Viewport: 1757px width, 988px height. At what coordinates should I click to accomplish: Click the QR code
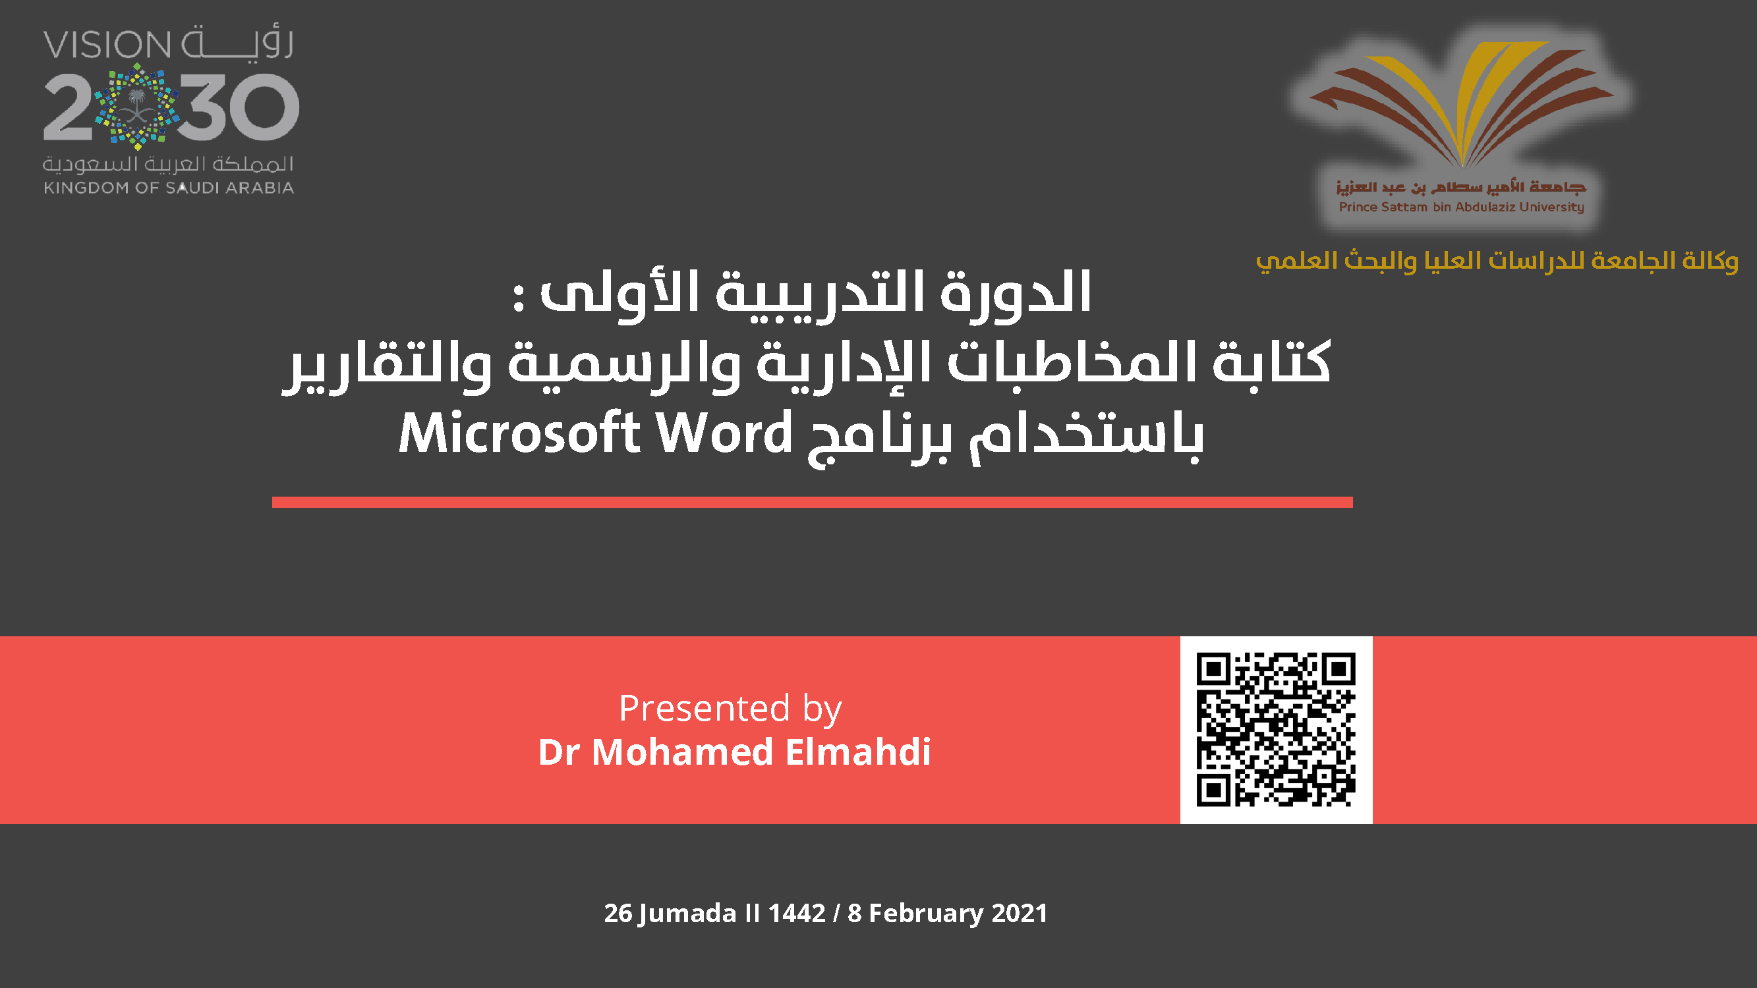point(1275,730)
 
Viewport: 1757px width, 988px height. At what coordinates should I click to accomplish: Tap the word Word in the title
point(724,432)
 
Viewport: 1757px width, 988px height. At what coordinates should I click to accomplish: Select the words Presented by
point(730,710)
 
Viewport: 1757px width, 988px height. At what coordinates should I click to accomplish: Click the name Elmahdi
point(858,752)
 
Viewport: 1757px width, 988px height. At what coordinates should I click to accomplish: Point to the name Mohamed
point(682,752)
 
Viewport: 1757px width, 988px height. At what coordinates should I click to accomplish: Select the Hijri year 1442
point(797,913)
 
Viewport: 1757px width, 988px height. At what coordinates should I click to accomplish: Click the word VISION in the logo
point(107,45)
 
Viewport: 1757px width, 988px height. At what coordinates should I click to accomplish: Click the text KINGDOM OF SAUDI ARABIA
point(169,188)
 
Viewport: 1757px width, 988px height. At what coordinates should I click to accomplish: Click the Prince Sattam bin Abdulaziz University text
point(1461,207)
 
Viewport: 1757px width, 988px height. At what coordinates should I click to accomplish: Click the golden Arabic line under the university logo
point(1497,260)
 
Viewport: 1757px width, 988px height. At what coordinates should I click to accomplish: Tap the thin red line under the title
point(813,502)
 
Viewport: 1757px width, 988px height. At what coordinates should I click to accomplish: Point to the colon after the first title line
point(519,298)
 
